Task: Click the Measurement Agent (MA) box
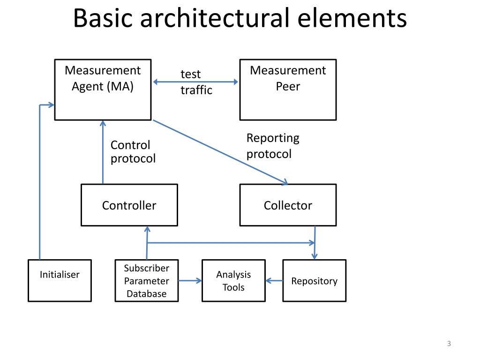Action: (x=103, y=90)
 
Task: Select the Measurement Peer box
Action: (x=288, y=90)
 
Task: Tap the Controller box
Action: (x=129, y=205)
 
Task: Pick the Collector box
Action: (x=288, y=205)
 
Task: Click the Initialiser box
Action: (x=60, y=281)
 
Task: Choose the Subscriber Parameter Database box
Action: (x=147, y=281)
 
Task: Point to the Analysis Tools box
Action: (x=233, y=281)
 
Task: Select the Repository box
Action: (x=315, y=281)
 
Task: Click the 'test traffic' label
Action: (x=196, y=82)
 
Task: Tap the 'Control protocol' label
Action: (x=133, y=151)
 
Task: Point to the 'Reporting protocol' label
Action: (x=273, y=146)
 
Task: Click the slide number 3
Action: (x=449, y=344)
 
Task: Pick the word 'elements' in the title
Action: (x=352, y=18)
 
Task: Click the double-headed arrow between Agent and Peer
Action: (x=195, y=82)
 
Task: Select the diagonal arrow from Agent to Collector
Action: (x=220, y=152)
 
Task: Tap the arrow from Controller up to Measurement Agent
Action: (x=103, y=152)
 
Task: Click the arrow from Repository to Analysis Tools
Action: (x=274, y=281)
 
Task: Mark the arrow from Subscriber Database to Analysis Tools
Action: (x=190, y=280)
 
